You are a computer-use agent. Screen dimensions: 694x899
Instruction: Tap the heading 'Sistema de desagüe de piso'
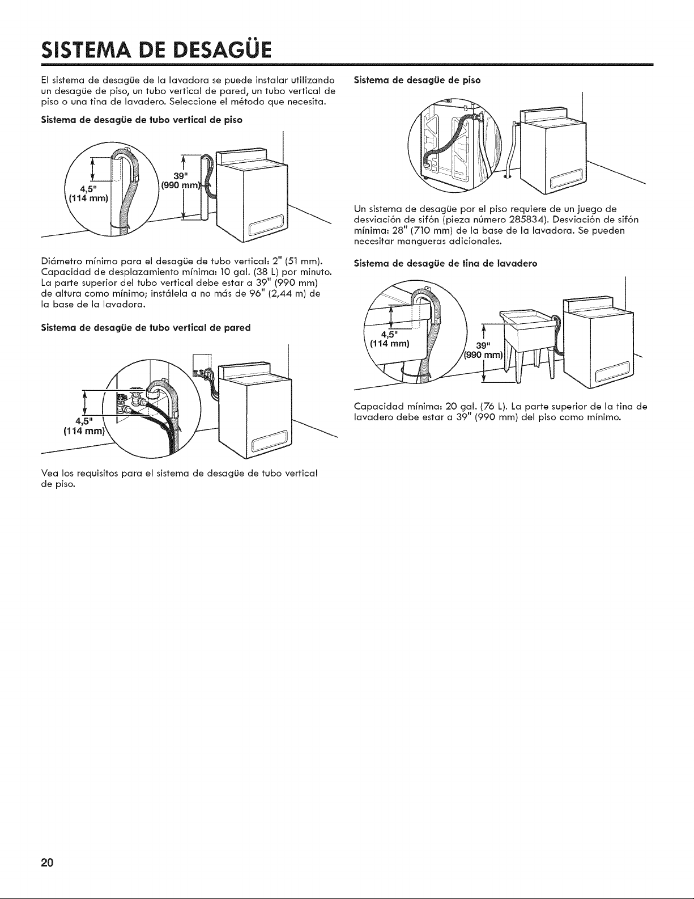[x=417, y=81]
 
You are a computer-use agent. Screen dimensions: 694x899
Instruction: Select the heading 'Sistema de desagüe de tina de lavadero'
[x=445, y=264]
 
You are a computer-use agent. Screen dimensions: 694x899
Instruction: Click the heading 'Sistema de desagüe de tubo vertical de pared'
[x=146, y=328]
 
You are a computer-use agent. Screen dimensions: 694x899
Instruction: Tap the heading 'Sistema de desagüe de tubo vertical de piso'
[x=142, y=120]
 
